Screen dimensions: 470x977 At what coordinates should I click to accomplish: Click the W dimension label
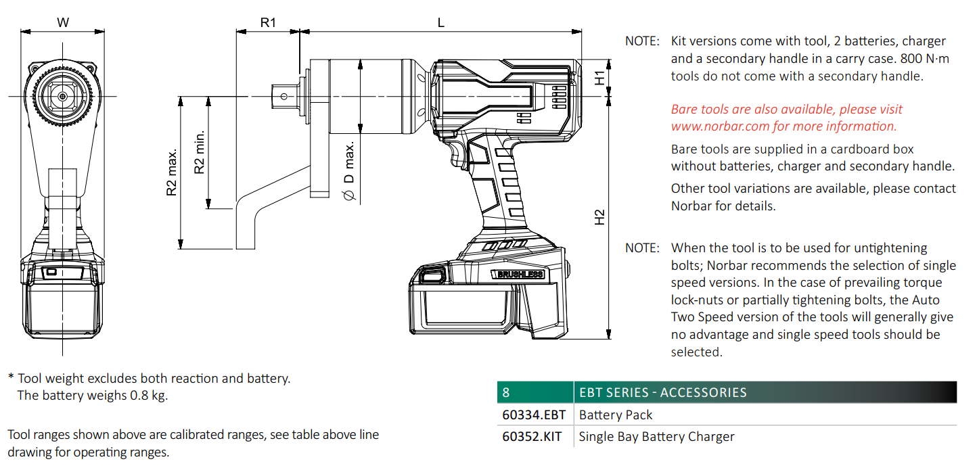(x=63, y=22)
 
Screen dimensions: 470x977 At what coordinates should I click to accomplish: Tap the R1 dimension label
(x=269, y=22)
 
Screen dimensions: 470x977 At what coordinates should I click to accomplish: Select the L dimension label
(x=441, y=22)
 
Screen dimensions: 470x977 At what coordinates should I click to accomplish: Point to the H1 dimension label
(x=599, y=78)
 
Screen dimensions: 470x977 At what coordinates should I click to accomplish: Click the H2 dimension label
(x=599, y=217)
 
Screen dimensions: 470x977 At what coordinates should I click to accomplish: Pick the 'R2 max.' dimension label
(x=172, y=173)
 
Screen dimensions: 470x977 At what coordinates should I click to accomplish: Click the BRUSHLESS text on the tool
(x=519, y=274)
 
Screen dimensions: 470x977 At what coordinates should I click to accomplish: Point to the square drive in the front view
(x=62, y=97)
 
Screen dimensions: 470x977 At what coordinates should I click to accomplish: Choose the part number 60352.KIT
(x=532, y=437)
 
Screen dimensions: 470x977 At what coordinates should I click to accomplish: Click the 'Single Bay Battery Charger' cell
(x=656, y=437)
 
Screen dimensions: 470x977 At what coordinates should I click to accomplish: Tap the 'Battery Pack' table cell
(x=616, y=415)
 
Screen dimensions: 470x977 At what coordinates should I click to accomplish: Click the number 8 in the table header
(x=506, y=393)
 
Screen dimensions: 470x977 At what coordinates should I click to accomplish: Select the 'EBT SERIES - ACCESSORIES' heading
(x=662, y=393)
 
